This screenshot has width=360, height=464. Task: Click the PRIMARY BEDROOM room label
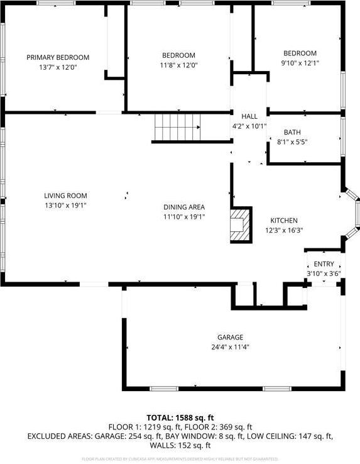pos(58,57)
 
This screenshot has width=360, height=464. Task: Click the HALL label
pos(249,116)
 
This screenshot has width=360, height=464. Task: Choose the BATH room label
pos(292,132)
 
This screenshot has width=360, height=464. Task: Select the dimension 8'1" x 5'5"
pos(292,141)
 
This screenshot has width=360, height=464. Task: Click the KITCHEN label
pos(284,221)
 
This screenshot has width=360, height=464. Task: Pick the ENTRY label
pos(324,264)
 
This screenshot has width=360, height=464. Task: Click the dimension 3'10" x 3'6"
pos(324,273)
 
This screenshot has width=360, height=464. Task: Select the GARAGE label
pos(231,337)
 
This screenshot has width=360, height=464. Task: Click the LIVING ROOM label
pos(65,196)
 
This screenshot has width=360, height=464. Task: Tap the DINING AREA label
pos(184,207)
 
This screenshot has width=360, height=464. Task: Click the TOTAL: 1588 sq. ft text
pos(180,417)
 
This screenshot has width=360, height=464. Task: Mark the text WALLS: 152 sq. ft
pos(180,445)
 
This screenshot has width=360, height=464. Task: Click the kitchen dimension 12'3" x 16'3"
pos(284,230)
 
